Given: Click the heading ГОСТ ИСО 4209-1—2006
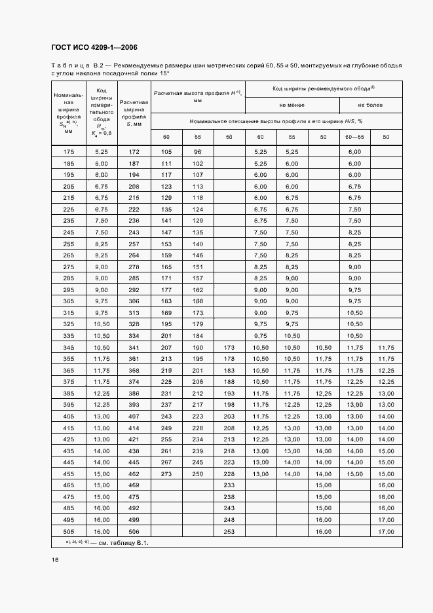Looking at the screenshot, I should coord(93,48).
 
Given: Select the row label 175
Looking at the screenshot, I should coord(68,152).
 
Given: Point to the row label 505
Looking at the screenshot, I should coord(68,532).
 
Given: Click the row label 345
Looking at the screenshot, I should coord(68,347).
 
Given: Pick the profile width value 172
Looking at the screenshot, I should coord(134,152).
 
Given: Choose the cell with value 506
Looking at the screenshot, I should coord(134,532).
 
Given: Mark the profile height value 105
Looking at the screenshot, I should coord(166,152).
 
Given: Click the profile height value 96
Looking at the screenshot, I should coord(197,152).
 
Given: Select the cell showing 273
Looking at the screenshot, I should coord(166,474).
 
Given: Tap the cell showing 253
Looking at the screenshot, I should coord(229,532).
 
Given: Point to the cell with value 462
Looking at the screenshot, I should coord(134,474).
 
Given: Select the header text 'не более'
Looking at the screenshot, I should coord(370,105).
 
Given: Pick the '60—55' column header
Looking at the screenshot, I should coord(354,136).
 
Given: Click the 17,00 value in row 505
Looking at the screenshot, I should coord(386,532).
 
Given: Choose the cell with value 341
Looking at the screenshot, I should coord(134,347).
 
